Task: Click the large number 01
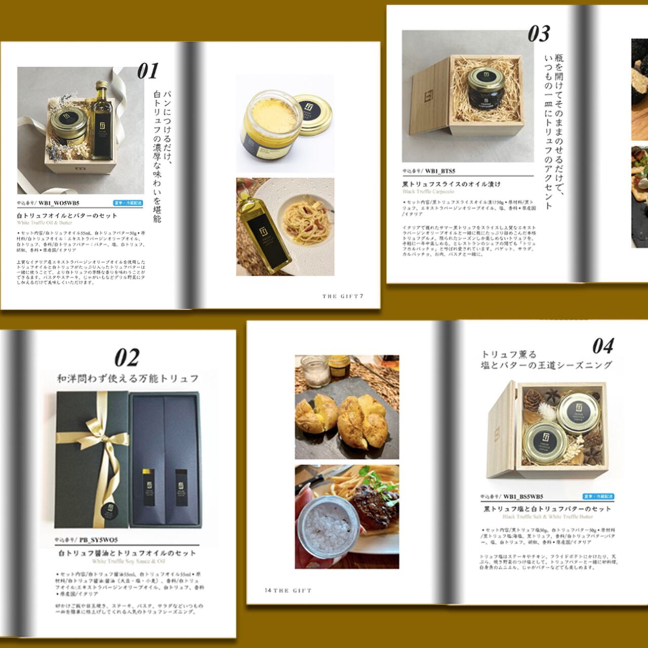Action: click(148, 71)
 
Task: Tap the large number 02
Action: click(127, 358)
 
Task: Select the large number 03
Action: click(539, 34)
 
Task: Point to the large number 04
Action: click(603, 347)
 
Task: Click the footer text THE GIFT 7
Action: click(343, 296)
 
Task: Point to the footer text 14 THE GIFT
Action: click(288, 590)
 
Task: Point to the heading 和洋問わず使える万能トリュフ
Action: click(127, 379)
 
